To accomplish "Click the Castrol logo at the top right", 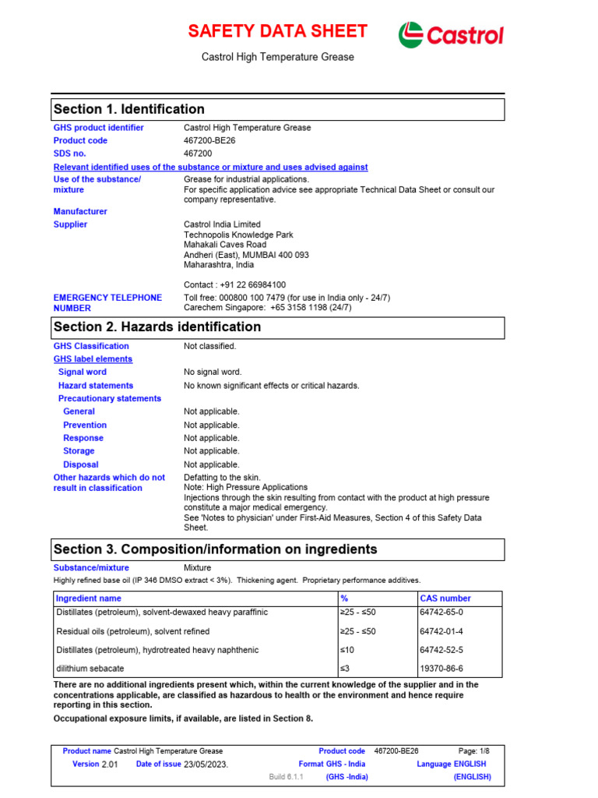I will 451,34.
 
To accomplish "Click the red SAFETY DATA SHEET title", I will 277,31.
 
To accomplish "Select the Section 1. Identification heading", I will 128,109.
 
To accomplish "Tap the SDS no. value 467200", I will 198,154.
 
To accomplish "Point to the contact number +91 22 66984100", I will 234,284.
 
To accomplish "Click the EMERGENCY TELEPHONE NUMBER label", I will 107,302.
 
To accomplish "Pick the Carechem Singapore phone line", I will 267,308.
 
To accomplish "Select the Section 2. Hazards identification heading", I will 157,327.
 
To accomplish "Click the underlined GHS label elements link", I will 93,359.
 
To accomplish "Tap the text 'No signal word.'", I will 213,373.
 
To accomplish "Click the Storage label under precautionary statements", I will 79,451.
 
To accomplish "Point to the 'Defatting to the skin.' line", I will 222,477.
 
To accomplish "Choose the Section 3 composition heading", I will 215,549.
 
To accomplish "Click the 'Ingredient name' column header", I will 89,598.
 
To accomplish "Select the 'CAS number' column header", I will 445,598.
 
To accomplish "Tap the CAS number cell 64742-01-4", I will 441,631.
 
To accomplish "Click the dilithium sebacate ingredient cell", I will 90,668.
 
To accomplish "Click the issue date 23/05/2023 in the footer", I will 206,764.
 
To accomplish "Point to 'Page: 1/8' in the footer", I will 473,751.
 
